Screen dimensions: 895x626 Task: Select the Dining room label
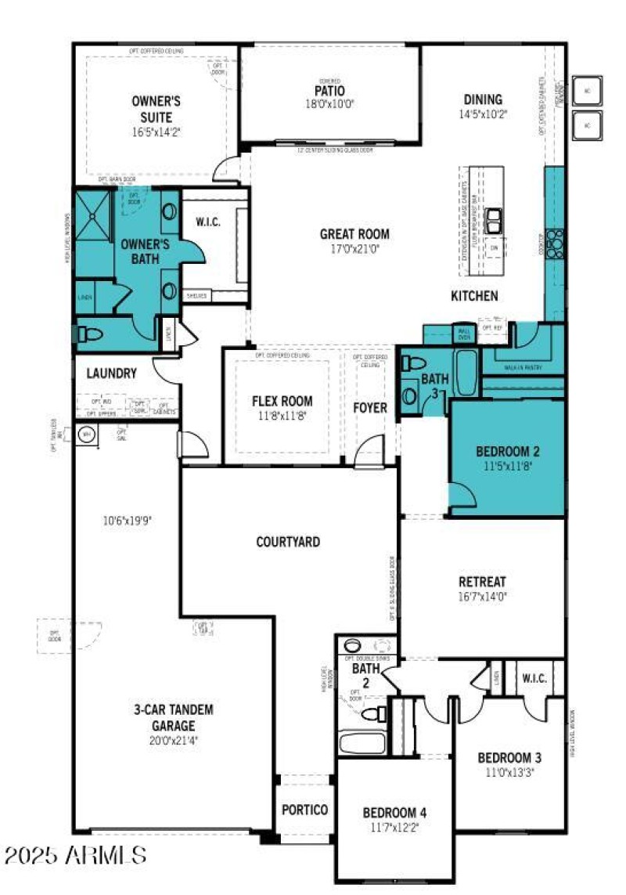483,99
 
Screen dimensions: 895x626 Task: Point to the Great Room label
354,233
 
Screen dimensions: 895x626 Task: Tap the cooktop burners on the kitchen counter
555,243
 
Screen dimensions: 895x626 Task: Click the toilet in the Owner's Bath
89,335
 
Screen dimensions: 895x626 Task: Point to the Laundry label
112,374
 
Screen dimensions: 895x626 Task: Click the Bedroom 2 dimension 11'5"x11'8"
508,465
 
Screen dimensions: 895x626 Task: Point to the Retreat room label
482,582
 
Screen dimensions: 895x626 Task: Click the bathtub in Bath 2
362,742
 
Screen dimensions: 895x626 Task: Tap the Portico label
304,810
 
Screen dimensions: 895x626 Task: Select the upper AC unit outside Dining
587,91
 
